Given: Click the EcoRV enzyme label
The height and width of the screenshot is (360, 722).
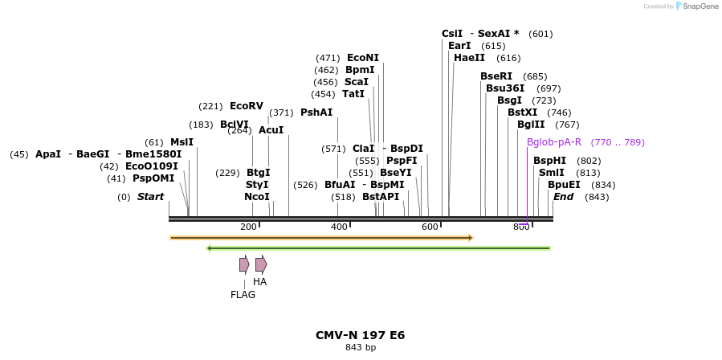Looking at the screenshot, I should tap(246, 106).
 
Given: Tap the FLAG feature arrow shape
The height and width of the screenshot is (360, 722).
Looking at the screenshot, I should tap(244, 264).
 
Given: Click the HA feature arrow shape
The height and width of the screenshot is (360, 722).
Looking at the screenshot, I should tap(261, 264).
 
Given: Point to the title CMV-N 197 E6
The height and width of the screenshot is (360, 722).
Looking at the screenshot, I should tap(360, 335).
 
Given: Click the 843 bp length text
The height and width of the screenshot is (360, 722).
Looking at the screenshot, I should tap(360, 348).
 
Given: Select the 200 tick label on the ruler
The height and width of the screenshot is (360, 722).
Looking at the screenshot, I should tap(248, 227).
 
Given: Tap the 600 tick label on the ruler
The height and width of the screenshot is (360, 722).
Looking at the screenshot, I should tap(430, 227).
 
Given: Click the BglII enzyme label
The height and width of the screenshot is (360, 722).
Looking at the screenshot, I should tap(531, 125).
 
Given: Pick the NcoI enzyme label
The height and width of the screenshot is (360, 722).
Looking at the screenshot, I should tap(257, 197).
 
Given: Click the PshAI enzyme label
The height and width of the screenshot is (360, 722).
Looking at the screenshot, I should tap(316, 112).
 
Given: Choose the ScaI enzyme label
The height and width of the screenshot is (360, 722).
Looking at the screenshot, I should tap(357, 82).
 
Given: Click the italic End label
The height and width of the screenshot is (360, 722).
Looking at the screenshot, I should tap(564, 197).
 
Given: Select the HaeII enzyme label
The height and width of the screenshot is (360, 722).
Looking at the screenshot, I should tap(469, 58).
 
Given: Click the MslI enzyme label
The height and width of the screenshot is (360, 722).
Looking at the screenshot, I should tap(182, 142).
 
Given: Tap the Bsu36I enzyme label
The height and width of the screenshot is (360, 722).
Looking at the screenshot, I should tap(505, 88).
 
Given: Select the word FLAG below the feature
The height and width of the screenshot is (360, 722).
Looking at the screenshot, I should tap(243, 295).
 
